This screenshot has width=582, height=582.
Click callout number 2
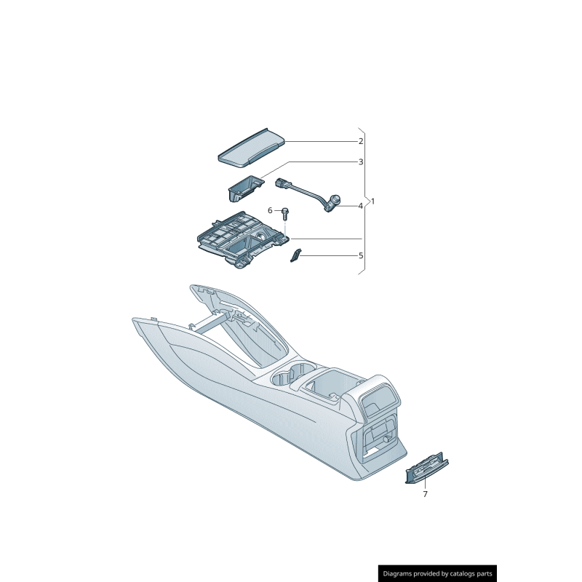click(x=360, y=141)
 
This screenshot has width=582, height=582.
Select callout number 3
click(x=360, y=162)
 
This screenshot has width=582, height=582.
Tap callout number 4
click(x=360, y=206)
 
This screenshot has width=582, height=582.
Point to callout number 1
click(x=373, y=201)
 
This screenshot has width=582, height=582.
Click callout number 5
click(x=360, y=256)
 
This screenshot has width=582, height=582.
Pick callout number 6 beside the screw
click(x=270, y=211)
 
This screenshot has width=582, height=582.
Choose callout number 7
click(x=425, y=494)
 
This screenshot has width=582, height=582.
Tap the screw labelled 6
click(x=285, y=214)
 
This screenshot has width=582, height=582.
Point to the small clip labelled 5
click(x=296, y=255)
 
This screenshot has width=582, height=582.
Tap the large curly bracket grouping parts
click(x=366, y=201)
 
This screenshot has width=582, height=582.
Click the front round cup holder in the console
click(x=280, y=379)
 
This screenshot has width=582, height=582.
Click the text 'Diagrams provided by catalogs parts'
click(x=438, y=573)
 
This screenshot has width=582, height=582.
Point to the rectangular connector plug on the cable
click(x=283, y=184)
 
